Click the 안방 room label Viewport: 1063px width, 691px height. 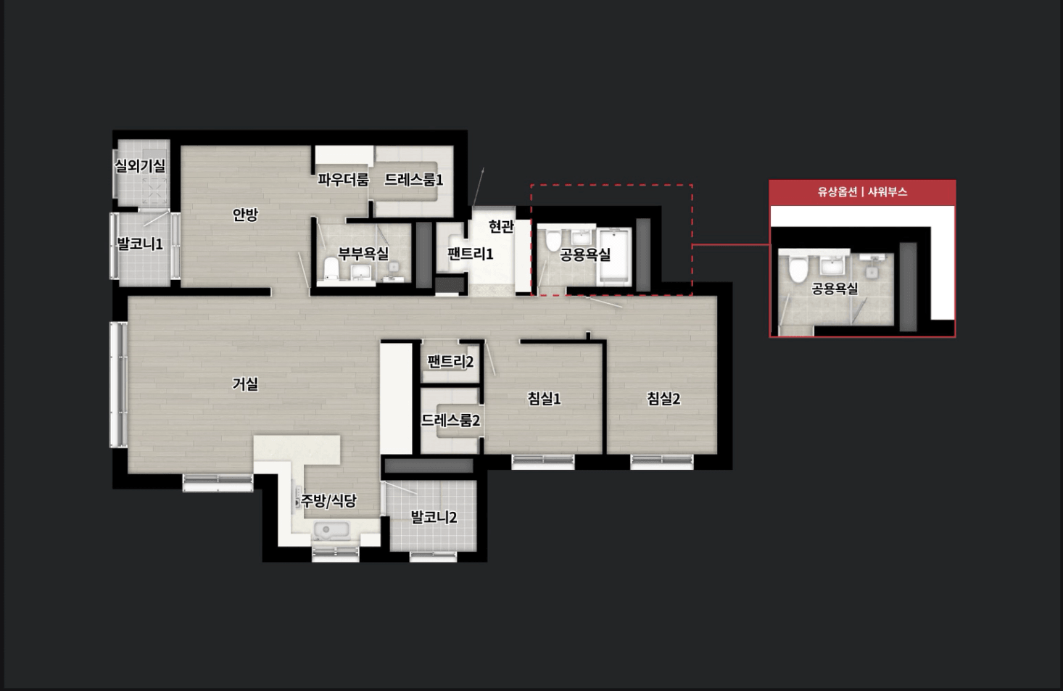pos(245,215)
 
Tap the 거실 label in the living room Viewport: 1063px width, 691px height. pos(245,384)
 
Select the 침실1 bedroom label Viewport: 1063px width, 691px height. pos(545,399)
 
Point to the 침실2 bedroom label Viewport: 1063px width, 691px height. pos(663,399)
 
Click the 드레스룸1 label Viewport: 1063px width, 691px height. pos(414,180)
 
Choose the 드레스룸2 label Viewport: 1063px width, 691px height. pos(451,421)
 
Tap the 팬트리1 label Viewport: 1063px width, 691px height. pos(471,254)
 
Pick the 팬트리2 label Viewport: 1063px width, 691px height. pos(450,362)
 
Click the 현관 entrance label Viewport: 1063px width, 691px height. pos(501,226)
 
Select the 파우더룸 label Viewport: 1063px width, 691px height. pos(343,180)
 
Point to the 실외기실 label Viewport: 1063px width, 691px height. pos(140,165)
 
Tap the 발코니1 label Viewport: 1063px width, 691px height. pos(140,244)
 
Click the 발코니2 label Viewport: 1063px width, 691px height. pos(434,517)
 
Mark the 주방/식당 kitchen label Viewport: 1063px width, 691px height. pos(328,501)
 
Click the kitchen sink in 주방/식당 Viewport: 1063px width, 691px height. pos(332,531)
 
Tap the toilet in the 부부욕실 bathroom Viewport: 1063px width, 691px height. pos(331,268)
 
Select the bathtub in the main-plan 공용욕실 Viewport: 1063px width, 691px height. pos(615,256)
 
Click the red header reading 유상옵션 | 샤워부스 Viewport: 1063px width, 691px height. pos(862,193)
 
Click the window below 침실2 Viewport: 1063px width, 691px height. pos(661,462)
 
